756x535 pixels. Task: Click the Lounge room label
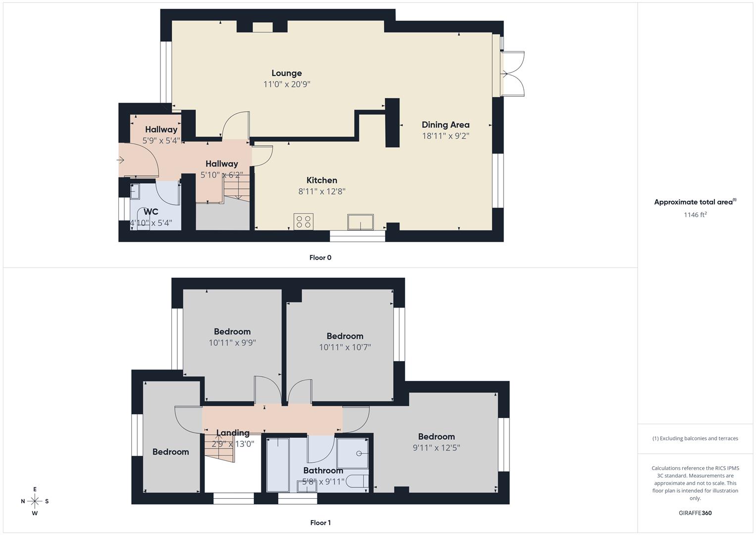click(x=286, y=73)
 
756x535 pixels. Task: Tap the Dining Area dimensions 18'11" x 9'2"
click(x=445, y=136)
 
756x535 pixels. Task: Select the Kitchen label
click(x=321, y=180)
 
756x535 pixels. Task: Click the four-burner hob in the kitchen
click(x=303, y=221)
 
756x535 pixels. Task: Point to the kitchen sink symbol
click(x=360, y=222)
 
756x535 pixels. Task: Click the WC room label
click(x=151, y=212)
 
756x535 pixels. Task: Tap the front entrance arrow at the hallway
click(x=120, y=160)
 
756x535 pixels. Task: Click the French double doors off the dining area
click(x=513, y=74)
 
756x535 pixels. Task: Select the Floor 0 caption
click(x=320, y=258)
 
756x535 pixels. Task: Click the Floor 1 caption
click(x=320, y=523)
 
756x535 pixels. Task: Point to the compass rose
click(x=35, y=501)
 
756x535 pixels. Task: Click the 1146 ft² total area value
click(x=695, y=214)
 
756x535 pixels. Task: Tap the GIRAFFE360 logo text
click(x=695, y=513)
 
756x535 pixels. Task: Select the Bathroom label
click(x=323, y=470)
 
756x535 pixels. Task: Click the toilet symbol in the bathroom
click(x=356, y=481)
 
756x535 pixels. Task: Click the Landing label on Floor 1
click(x=233, y=432)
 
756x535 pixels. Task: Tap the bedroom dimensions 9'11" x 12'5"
click(x=436, y=448)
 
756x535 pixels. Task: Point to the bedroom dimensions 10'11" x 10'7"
click(x=345, y=347)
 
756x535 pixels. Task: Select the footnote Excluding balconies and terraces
click(x=695, y=438)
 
